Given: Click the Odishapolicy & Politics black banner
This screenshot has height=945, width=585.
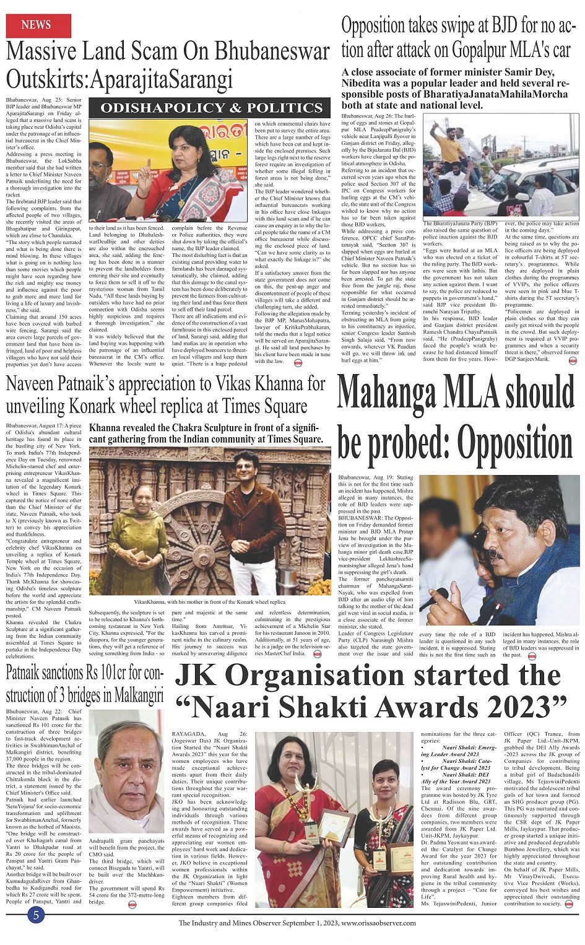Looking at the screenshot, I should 211,108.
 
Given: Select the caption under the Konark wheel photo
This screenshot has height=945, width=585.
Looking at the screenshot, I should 209,601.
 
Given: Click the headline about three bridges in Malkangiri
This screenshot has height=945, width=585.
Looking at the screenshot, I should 85,684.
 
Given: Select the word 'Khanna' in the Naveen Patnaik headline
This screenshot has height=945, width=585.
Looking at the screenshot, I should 275,384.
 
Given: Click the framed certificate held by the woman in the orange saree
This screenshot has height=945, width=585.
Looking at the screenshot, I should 400,863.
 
